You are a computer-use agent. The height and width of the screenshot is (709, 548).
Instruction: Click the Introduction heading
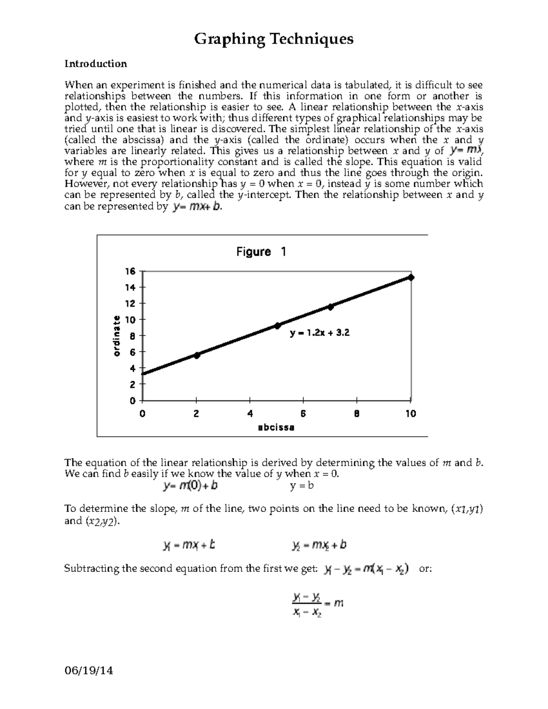(x=95, y=64)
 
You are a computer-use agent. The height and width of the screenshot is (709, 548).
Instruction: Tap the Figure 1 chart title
(x=261, y=252)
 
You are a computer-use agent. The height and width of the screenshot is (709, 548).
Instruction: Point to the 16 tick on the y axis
(x=131, y=271)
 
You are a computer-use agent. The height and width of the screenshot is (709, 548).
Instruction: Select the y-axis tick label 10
(x=131, y=320)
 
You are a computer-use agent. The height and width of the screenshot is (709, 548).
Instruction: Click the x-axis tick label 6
(x=303, y=414)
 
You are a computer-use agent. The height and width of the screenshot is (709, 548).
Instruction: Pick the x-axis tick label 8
(x=357, y=414)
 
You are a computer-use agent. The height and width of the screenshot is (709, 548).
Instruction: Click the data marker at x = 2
(x=197, y=355)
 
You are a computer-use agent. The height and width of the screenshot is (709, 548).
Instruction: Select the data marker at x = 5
(x=277, y=326)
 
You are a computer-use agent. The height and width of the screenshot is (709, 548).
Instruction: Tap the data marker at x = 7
(x=331, y=307)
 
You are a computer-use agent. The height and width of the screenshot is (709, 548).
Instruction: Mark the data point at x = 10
(x=411, y=277)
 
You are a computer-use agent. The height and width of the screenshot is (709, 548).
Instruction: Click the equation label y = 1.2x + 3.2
(x=320, y=333)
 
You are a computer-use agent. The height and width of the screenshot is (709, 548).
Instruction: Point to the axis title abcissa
(x=276, y=428)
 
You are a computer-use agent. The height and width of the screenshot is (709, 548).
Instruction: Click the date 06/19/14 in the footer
(x=89, y=671)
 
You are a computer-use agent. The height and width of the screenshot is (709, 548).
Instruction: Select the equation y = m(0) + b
(x=190, y=486)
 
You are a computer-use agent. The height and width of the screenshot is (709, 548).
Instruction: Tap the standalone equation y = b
(x=301, y=486)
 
